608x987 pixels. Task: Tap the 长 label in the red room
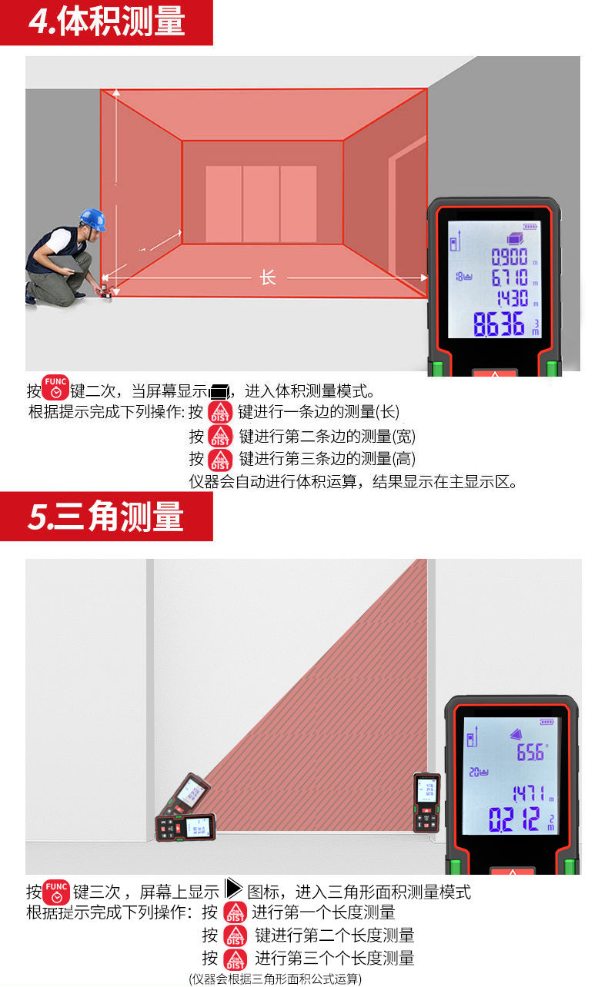pos(268,277)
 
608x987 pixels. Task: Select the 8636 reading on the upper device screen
pos(499,324)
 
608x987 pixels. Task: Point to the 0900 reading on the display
pos(509,257)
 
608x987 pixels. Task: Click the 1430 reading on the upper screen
pos(513,297)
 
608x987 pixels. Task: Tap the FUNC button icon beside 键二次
pos(55,387)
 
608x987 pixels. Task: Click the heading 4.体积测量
pos(106,22)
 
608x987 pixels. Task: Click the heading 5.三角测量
pos(106,517)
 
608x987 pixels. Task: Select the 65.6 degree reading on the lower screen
pos(532,752)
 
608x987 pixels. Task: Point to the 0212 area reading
pos(514,819)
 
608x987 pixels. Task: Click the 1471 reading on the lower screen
pos(529,793)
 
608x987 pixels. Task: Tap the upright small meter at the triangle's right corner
pos(426,803)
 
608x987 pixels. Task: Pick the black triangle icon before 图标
pos(233,889)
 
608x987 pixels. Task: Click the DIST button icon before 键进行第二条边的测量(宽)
pos(220,435)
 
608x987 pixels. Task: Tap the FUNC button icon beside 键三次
pos(56,892)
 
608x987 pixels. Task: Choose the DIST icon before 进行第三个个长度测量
pos(236,959)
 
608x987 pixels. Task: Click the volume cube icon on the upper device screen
pos(515,238)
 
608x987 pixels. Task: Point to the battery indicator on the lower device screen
pos(547,722)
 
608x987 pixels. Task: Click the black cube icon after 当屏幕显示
pos(220,391)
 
